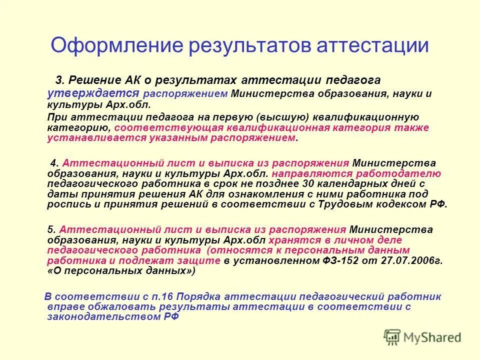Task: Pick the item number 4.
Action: pyautogui.click(x=56, y=163)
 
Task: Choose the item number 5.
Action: pyautogui.click(x=52, y=229)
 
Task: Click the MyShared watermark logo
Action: pyautogui.click(x=423, y=336)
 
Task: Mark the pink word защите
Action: pyautogui.click(x=199, y=260)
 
